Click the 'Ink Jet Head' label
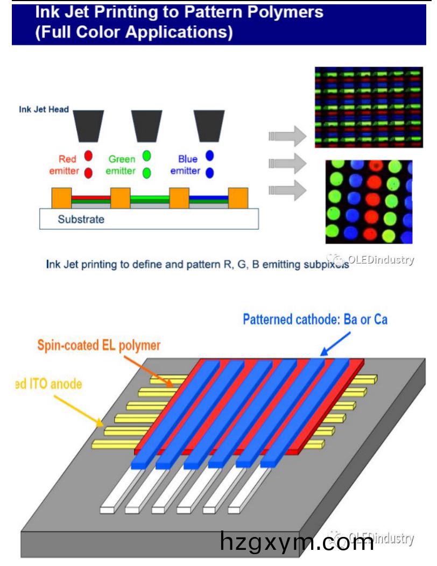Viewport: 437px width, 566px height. click(x=45, y=110)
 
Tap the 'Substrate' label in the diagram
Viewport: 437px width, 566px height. click(x=82, y=219)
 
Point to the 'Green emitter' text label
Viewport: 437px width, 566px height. click(x=121, y=165)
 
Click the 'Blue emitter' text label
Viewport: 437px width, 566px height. click(x=185, y=165)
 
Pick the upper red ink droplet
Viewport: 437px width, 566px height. click(x=89, y=156)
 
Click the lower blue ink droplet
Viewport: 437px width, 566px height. click(x=210, y=173)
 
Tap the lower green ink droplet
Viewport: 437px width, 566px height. click(x=146, y=173)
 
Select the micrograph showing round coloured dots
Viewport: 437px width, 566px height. click(x=369, y=202)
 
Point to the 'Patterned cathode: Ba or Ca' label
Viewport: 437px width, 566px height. click(x=315, y=320)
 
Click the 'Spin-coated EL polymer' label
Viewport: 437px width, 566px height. click(x=98, y=345)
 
